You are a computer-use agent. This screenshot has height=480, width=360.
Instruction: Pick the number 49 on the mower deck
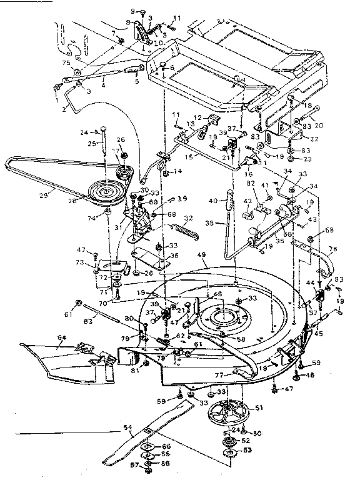click(202, 254)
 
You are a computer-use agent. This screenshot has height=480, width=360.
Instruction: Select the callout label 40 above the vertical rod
click(213, 200)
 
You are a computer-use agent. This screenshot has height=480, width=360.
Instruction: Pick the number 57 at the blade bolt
click(133, 465)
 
